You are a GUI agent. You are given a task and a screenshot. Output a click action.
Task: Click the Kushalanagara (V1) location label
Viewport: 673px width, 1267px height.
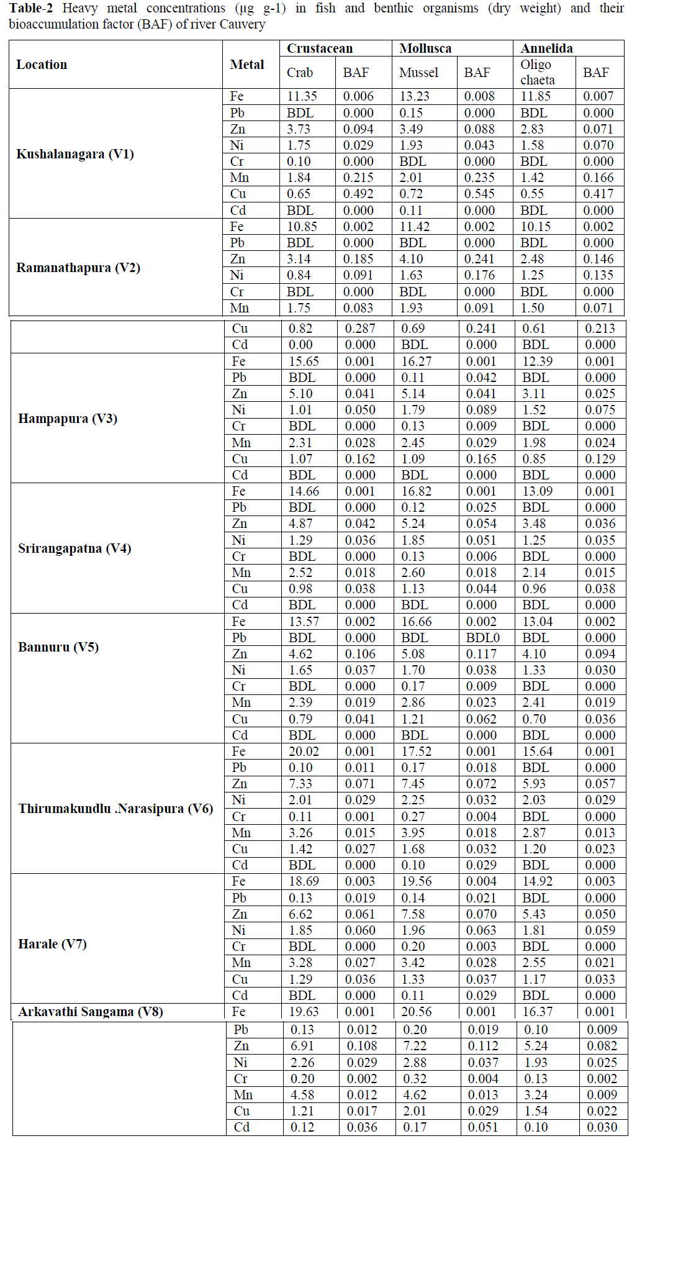[x=75, y=154]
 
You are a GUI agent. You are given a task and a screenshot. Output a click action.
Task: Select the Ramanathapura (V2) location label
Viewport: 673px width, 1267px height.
[x=78, y=268]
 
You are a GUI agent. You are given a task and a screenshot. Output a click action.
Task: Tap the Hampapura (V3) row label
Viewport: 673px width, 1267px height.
[x=68, y=419]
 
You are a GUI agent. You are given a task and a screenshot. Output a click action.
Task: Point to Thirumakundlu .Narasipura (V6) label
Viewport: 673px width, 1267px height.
[x=115, y=809]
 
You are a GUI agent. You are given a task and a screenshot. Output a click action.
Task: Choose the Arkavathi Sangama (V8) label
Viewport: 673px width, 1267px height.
[x=91, y=1012]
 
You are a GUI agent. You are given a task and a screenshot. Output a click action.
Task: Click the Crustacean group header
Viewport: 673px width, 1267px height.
[x=320, y=48]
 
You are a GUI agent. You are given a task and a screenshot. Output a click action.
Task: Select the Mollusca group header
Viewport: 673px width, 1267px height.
[x=425, y=48]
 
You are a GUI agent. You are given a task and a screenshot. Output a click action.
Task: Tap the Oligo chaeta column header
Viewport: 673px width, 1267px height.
[x=538, y=72]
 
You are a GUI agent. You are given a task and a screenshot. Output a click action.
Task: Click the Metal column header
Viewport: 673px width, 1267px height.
[x=247, y=65]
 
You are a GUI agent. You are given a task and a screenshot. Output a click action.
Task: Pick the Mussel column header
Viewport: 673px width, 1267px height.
[x=418, y=73]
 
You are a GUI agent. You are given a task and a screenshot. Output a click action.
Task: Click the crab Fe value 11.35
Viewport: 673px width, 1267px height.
[x=302, y=96]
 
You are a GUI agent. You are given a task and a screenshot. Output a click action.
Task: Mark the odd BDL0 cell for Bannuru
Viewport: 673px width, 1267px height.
[x=483, y=638]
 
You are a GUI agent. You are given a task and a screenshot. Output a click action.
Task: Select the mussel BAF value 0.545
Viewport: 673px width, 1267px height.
[x=479, y=194]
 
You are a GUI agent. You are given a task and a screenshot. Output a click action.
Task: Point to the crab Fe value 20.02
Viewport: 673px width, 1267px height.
[x=304, y=752]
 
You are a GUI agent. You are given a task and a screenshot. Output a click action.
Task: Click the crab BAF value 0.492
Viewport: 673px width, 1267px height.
[x=358, y=194]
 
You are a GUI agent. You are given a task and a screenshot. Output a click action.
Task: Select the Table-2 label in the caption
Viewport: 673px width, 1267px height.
[x=31, y=8]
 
